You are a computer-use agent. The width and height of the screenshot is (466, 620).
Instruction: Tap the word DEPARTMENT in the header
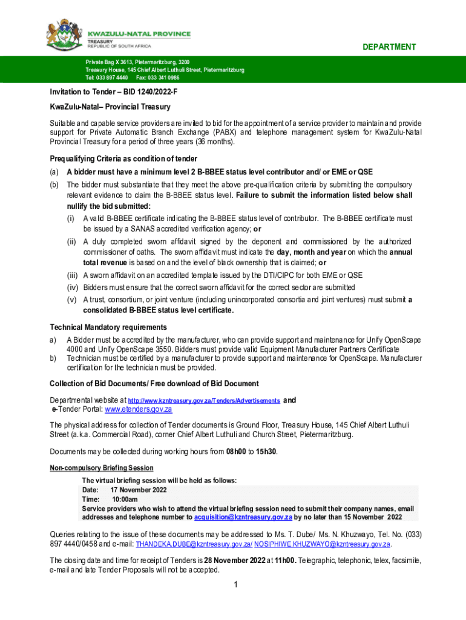point(389,47)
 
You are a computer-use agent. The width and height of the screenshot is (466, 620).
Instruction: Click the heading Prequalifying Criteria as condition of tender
point(123,159)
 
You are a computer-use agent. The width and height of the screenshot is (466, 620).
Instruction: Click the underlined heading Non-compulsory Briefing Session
point(101,468)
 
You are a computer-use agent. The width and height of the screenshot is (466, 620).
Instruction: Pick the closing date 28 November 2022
point(234,561)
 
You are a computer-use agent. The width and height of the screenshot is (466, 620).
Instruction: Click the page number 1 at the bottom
point(234,584)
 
